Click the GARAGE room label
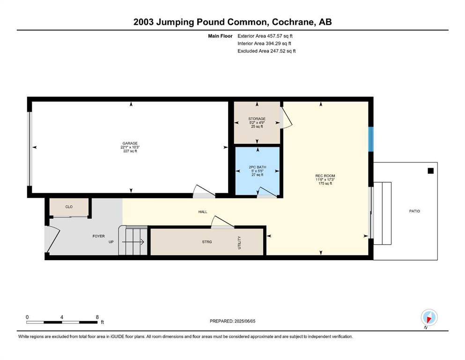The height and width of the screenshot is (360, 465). tap(130, 143)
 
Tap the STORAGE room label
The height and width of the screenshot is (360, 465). tap(257, 119)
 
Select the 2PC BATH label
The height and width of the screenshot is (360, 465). tap(258, 167)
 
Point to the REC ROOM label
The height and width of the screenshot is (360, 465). tap(325, 176)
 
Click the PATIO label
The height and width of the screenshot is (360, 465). tap(414, 211)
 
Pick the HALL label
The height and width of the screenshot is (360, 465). tap(203, 212)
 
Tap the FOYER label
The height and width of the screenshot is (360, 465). tap(98, 236)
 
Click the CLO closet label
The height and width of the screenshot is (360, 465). tap(69, 207)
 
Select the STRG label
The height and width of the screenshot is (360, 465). tap(207, 242)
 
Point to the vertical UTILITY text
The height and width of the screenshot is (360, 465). tap(239, 243)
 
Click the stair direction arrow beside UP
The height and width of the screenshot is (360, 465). tap(133, 242)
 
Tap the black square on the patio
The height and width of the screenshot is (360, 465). tap(431, 171)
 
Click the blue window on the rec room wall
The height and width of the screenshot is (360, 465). tap(371, 139)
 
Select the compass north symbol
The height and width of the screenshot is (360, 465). tap(429, 318)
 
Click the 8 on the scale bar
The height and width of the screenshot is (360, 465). tap(97, 317)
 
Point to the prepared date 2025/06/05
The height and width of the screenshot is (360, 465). tap(244, 321)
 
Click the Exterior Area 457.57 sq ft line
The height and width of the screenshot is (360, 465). tap(265, 36)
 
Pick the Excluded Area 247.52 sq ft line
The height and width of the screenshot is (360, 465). tap(266, 51)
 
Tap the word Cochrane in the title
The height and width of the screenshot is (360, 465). tap(293, 22)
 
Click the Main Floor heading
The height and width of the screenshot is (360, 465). tap(220, 36)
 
